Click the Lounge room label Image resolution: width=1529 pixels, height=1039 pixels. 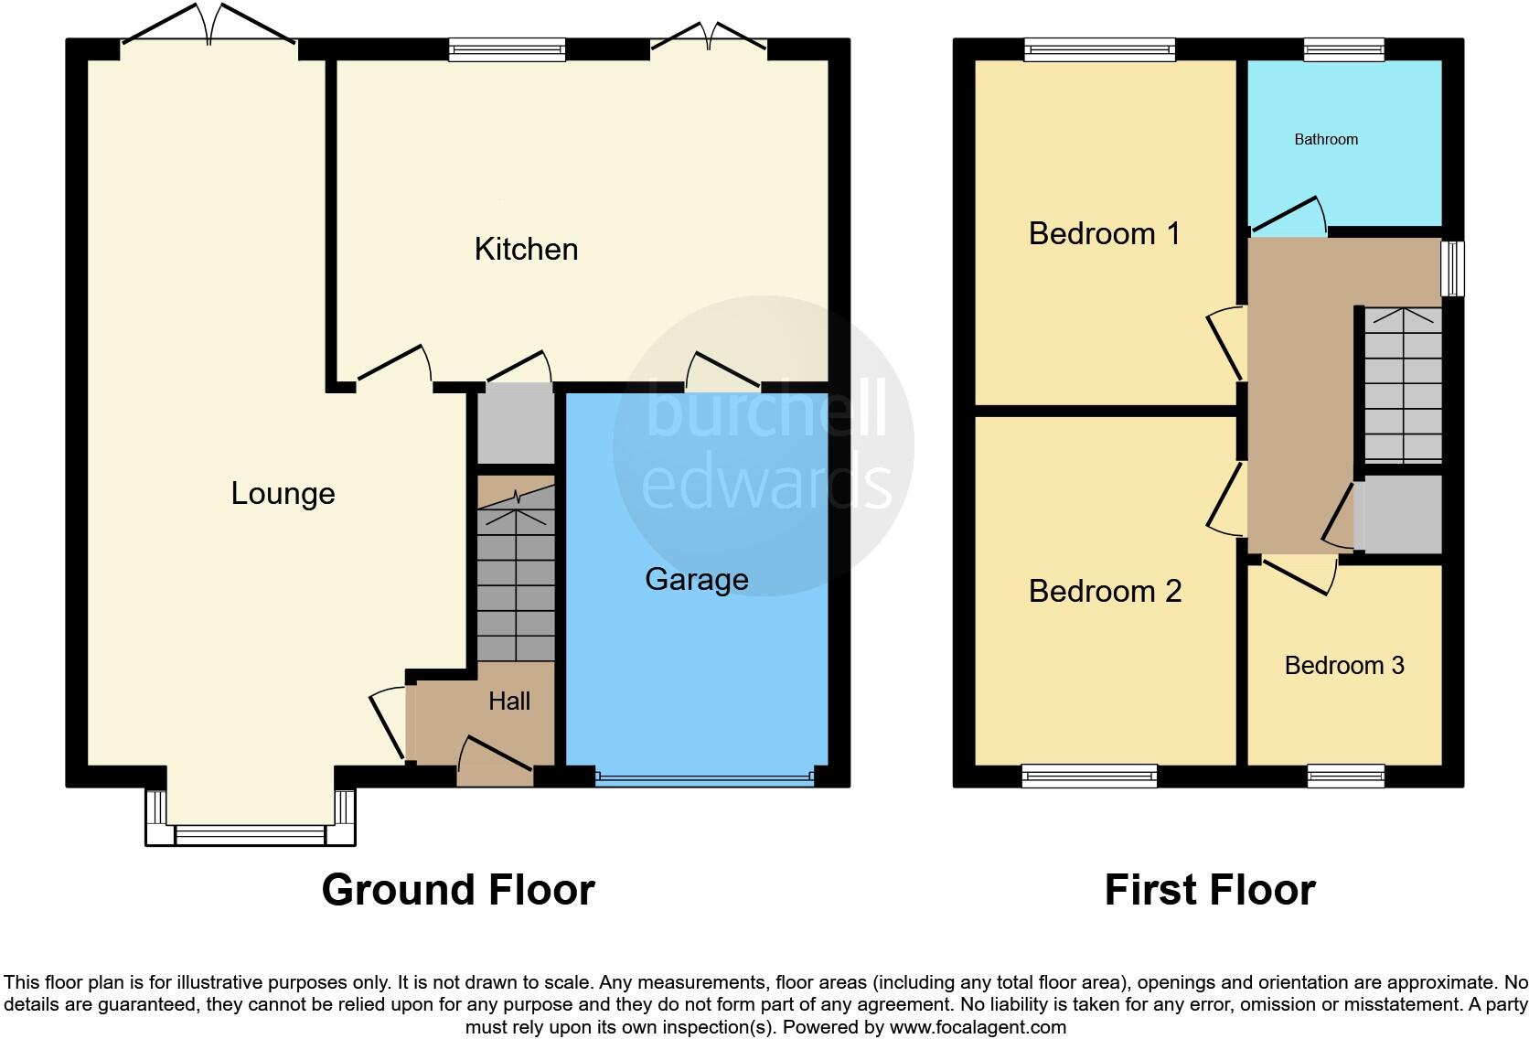point(283,494)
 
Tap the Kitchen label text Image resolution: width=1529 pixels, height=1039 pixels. point(526,250)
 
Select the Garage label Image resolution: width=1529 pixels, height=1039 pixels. point(697,579)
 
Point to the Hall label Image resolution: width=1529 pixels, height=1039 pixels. point(509,702)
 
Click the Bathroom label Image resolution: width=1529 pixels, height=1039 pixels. point(1326,140)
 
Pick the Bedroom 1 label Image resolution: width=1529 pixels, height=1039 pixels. point(1104,234)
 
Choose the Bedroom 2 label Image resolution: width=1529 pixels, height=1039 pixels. point(1105,592)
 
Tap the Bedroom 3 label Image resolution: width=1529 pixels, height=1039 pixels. point(1344,666)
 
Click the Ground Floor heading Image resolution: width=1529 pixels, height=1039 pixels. point(458,890)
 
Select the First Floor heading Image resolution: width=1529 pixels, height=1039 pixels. point(1210,890)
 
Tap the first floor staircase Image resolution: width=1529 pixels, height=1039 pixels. point(1403,384)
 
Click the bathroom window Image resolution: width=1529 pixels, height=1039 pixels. point(1343,49)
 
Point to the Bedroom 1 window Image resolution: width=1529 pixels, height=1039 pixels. point(1099,49)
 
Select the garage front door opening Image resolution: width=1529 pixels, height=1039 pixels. point(703,778)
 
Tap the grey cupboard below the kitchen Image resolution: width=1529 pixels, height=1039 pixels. point(517,425)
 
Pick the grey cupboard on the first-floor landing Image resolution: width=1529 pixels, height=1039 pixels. point(1401,514)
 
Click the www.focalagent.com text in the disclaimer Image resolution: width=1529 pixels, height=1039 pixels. point(978,1027)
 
